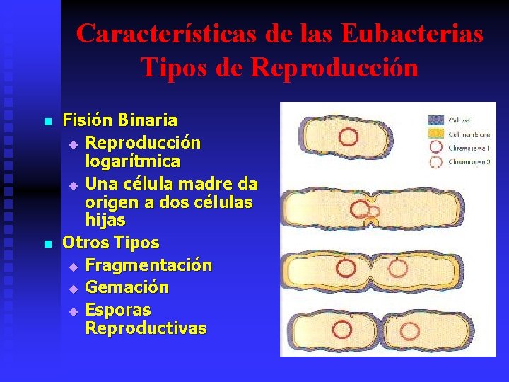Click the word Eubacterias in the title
pyautogui.click(x=413, y=33)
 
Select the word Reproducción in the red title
pyautogui.click(x=334, y=67)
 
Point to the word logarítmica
pyautogui.click(x=132, y=161)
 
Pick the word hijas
pyautogui.click(x=105, y=221)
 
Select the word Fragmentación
pyautogui.click(x=148, y=265)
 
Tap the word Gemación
pyautogui.click(x=127, y=287)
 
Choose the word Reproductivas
pyautogui.click(x=146, y=328)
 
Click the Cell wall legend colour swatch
pyautogui.click(x=435, y=120)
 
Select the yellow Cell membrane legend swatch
pyautogui.click(x=435, y=134)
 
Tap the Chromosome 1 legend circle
pyautogui.click(x=435, y=148)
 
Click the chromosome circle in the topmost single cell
pyautogui.click(x=347, y=137)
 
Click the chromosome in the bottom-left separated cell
pyautogui.click(x=342, y=329)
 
